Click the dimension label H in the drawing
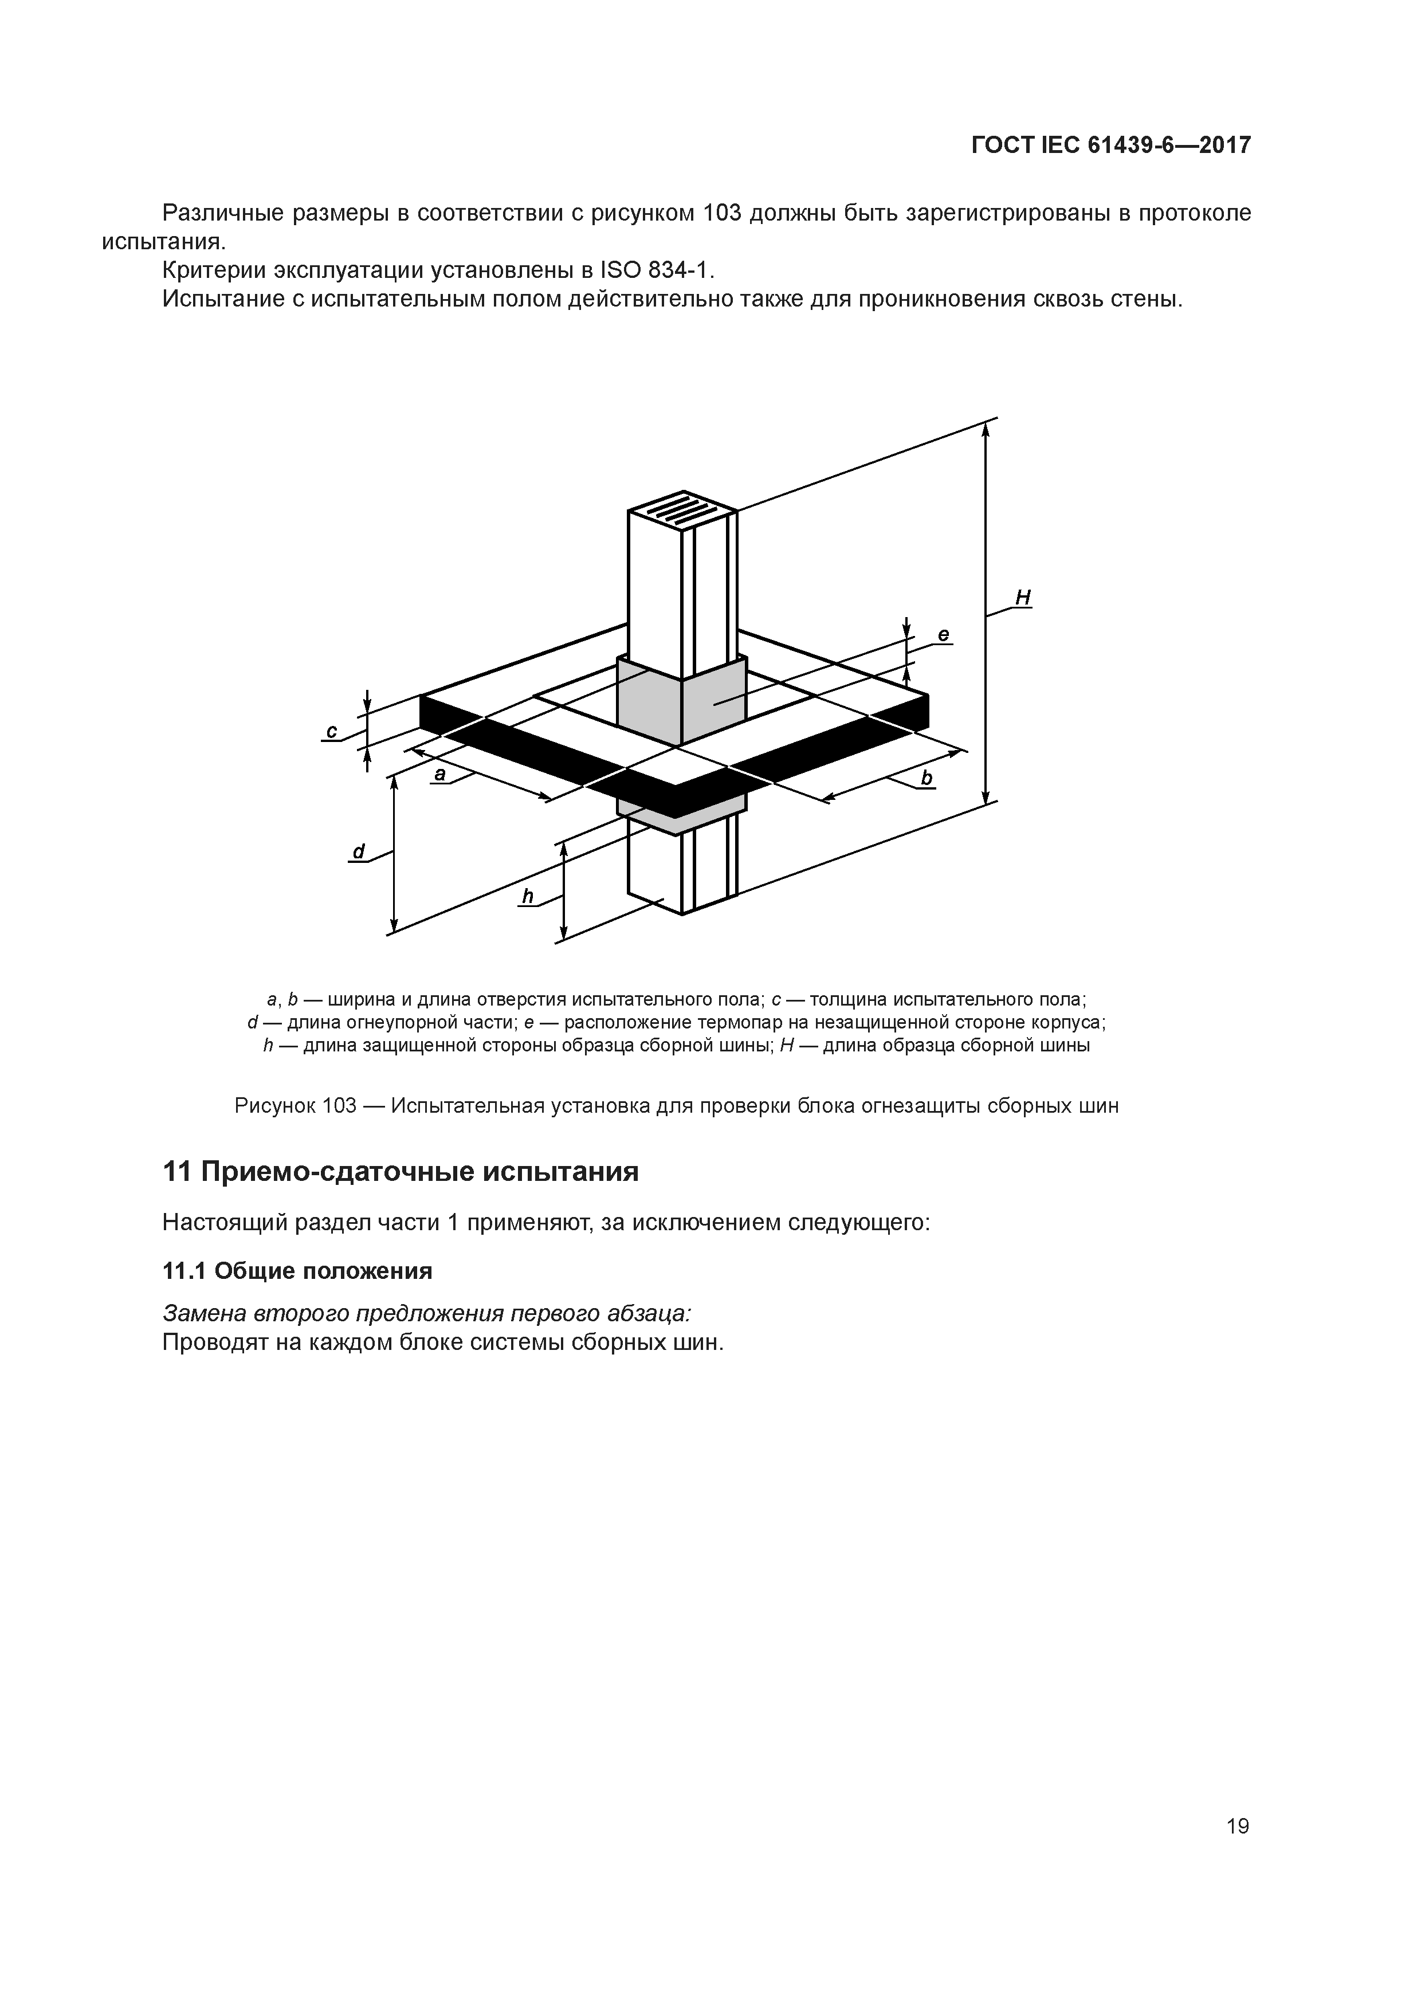pyautogui.click(x=1023, y=598)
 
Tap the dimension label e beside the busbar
pyautogui.click(x=943, y=635)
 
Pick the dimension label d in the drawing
pyautogui.click(x=358, y=851)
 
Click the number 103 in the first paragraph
pyautogui.click(x=723, y=213)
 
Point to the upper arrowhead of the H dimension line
pyautogui.click(x=986, y=428)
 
